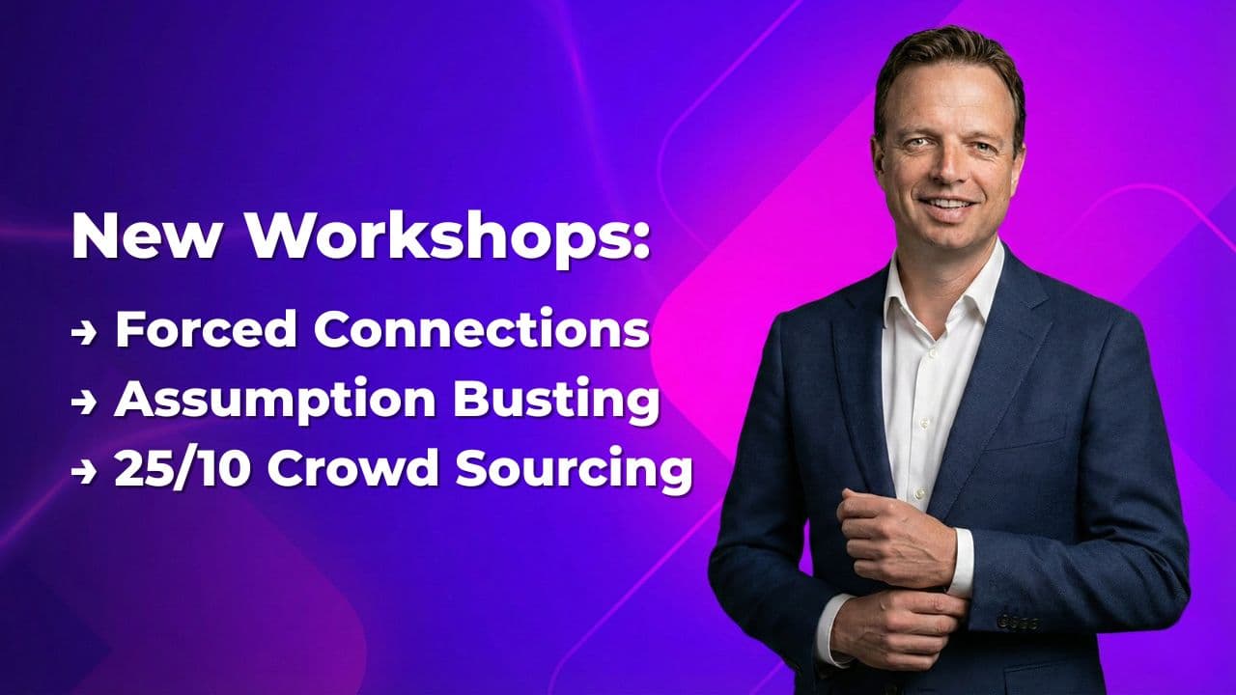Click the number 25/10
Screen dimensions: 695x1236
click(x=183, y=470)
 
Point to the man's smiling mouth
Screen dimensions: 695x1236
click(x=947, y=206)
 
